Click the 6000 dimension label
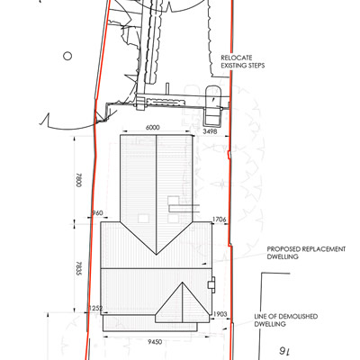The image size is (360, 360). click(152, 128)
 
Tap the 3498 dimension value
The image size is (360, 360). click(210, 131)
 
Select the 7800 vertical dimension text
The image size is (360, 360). click(79, 180)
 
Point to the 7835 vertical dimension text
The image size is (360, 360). click(79, 268)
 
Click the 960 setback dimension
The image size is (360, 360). click(97, 213)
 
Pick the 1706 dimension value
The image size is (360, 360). click(219, 220)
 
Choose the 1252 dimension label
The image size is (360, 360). click(95, 308)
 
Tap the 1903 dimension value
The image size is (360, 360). click(220, 314)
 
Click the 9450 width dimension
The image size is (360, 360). click(156, 342)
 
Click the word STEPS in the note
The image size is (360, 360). click(256, 66)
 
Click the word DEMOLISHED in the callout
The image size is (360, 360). click(298, 316)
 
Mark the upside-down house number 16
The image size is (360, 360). click(283, 351)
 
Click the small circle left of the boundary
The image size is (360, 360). click(67, 56)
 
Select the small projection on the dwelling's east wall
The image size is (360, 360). click(211, 284)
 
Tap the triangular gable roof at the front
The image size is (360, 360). click(183, 302)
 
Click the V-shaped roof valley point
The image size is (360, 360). click(157, 255)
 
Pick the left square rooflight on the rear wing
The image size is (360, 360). click(143, 218)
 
